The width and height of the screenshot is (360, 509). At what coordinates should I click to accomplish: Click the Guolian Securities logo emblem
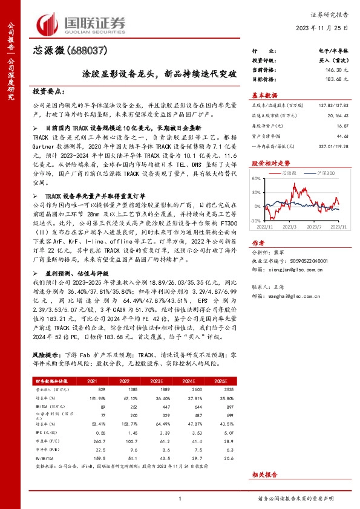point(48,23)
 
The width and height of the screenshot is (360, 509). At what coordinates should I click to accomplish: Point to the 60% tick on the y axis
point(257,179)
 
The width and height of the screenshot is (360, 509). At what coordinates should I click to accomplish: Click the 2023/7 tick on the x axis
point(312,226)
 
